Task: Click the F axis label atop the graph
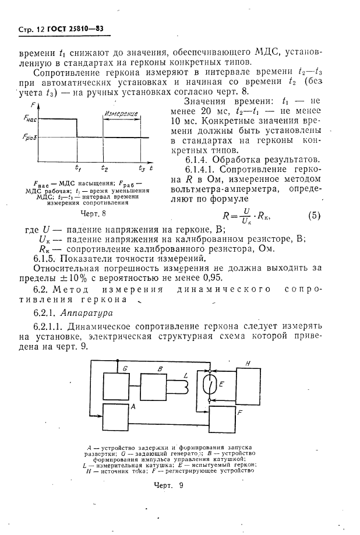click(x=33, y=105)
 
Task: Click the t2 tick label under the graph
click(x=104, y=168)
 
